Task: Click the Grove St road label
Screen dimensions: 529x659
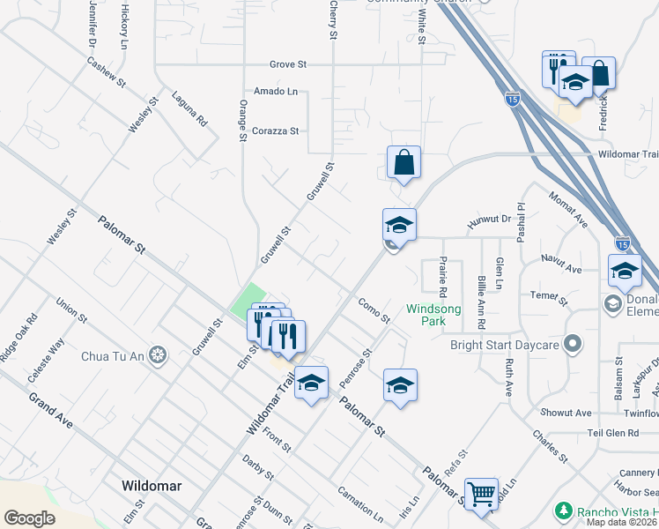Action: pos(288,64)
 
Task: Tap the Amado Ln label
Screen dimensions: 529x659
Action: pos(276,92)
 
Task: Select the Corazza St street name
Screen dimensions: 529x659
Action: pos(276,130)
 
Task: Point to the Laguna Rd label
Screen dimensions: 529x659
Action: pos(189,108)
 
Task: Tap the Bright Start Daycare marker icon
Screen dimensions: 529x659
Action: pos(573,345)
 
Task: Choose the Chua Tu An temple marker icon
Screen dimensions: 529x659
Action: pos(158,355)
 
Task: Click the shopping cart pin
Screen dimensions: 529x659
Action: pos(481,494)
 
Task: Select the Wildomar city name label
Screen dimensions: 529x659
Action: pos(151,486)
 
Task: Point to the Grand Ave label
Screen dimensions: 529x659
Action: pos(50,412)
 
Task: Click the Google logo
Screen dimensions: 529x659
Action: pos(29,518)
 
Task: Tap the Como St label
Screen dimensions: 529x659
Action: pos(374,309)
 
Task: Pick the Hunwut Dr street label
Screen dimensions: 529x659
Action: pos(489,225)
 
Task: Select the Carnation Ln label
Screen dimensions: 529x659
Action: pos(360,503)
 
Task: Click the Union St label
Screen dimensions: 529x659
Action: pos(70,311)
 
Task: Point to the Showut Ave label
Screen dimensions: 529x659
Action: pos(566,413)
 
